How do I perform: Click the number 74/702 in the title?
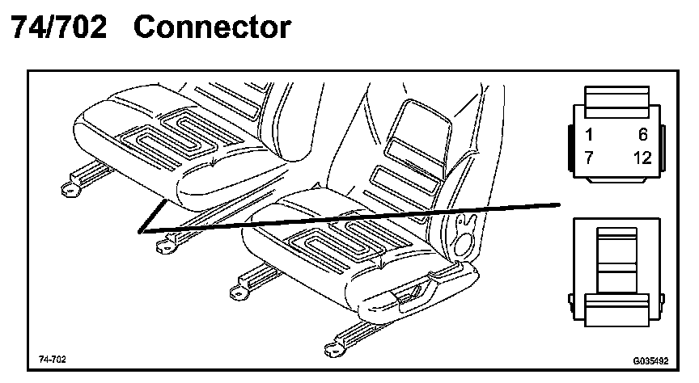click(x=58, y=27)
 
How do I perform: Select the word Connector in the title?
click(x=211, y=27)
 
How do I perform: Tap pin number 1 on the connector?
click(x=591, y=135)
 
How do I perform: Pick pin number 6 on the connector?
click(x=643, y=135)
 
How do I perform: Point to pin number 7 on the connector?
click(x=591, y=158)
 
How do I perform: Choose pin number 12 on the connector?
click(x=642, y=158)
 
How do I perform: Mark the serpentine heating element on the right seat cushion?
click(x=344, y=242)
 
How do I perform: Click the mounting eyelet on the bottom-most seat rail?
click(x=329, y=350)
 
